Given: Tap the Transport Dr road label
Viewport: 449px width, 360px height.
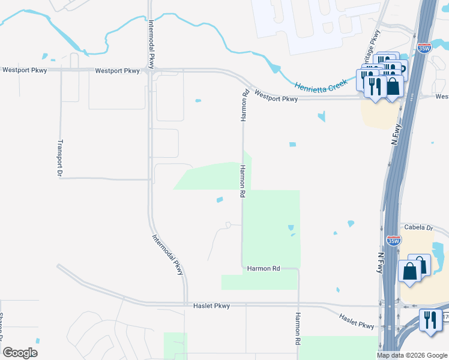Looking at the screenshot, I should [59, 157].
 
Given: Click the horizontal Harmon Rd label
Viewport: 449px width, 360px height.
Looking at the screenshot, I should [264, 268].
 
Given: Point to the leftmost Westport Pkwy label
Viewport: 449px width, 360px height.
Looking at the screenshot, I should [25, 70].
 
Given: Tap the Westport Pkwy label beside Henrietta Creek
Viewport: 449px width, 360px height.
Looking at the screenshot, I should [276, 95].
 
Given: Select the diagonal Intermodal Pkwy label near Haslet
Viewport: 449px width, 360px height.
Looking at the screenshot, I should [168, 254].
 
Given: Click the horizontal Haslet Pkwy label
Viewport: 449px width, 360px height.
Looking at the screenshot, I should [211, 306].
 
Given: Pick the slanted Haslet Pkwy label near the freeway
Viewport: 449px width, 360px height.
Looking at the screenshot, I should [357, 321].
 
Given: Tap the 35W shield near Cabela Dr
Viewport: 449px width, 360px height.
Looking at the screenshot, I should [393, 241].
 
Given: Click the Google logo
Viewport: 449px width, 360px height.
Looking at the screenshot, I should [20, 352].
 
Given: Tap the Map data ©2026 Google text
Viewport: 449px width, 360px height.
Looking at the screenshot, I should [412, 355].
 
